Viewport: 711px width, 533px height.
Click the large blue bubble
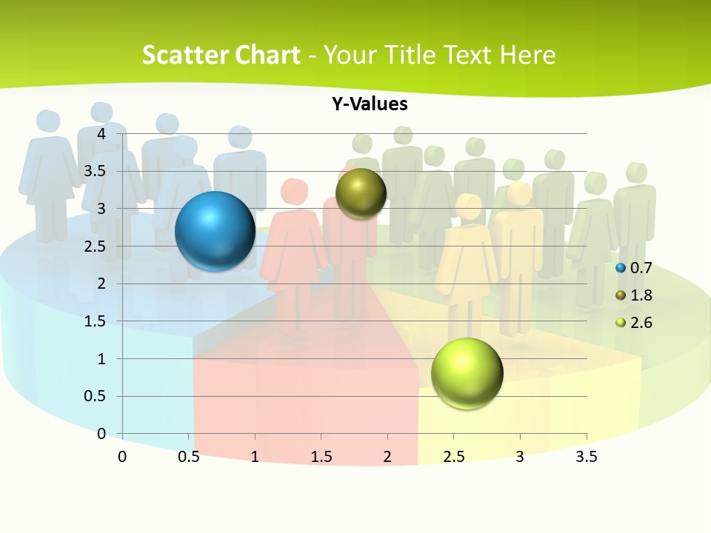(215, 231)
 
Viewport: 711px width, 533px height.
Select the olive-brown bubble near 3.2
(361, 193)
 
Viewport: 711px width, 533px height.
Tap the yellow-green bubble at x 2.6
(467, 373)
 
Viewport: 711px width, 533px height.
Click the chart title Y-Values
(369, 104)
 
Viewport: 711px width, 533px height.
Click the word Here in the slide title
(527, 55)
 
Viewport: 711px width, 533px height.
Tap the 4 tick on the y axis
(101, 133)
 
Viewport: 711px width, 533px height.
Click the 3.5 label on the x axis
(586, 457)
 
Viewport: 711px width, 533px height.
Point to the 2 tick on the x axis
(387, 457)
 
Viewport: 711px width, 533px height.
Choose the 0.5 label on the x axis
(189, 457)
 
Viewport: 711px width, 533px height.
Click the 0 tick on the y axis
(101, 434)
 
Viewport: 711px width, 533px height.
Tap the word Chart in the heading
(268, 55)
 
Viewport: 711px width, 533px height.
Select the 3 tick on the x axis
(520, 457)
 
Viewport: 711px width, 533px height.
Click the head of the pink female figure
(294, 192)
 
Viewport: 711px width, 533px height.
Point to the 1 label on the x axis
(255, 457)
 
